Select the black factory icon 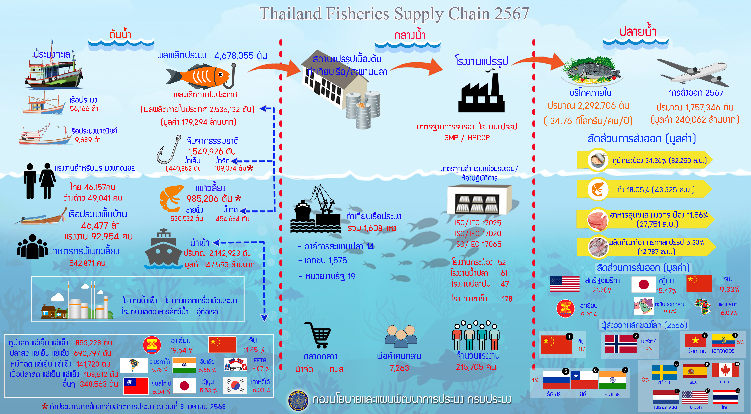pyautogui.click(x=481, y=95)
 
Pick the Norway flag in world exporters pyautogui.click(x=620, y=344)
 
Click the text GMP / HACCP pyautogui.click(x=467, y=138)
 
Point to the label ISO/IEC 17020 pyautogui.click(x=477, y=233)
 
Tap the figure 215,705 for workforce pyautogui.click(x=476, y=367)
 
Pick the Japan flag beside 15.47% pyautogui.click(x=643, y=285)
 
